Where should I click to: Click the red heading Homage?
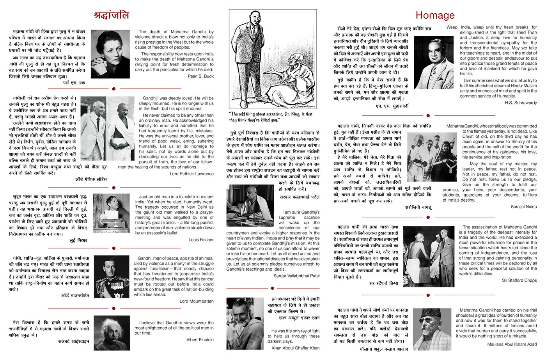pyautogui.click(x=435, y=15)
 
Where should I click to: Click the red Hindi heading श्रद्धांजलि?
pyautogui.click(x=111, y=15)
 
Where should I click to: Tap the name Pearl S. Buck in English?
pyautogui.click(x=200, y=76)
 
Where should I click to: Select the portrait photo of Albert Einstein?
pyautogui.click(x=112, y=333)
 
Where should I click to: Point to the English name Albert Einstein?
pyautogui.click(x=200, y=340)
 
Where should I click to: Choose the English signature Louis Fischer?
pyautogui.click(x=201, y=239)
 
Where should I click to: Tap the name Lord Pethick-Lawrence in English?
pyautogui.click(x=191, y=174)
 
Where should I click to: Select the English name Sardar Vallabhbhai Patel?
pyautogui.click(x=296, y=276)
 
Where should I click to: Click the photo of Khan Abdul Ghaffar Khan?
pyautogui.click(x=245, y=323)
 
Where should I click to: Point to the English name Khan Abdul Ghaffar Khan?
pyautogui.click(x=295, y=348)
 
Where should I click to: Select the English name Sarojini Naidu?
pyautogui.click(x=523, y=206)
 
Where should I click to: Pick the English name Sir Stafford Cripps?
pyautogui.click(x=519, y=280)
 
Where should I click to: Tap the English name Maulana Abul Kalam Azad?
pyautogui.click(x=512, y=344)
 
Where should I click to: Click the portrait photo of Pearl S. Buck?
pyautogui.click(x=110, y=54)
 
